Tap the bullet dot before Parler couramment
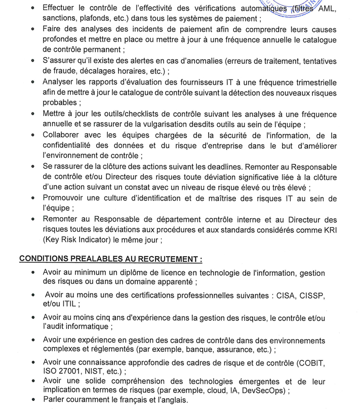33,400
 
